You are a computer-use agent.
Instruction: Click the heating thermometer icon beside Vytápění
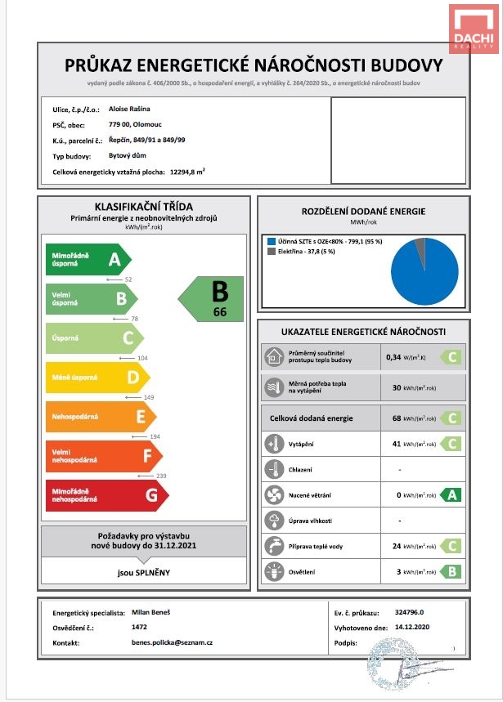point(273,444)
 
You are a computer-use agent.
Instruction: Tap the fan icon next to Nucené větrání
point(273,494)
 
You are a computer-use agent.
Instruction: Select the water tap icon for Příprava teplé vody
point(273,545)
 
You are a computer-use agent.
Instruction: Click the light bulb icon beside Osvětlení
point(273,571)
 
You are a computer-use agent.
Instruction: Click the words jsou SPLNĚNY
point(143,572)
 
